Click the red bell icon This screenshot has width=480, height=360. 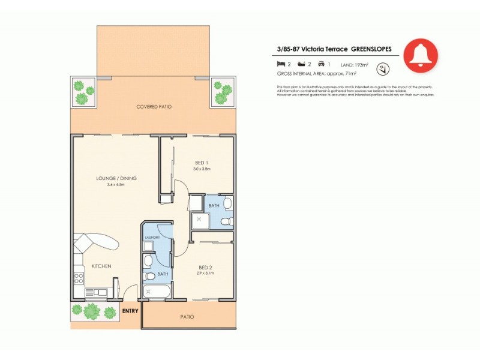click(421, 55)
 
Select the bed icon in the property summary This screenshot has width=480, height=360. click(280, 63)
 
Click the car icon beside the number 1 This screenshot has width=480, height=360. click(321, 63)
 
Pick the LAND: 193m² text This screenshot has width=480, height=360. click(355, 64)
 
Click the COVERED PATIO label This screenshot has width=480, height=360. click(154, 107)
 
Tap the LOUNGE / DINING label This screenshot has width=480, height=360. click(116, 178)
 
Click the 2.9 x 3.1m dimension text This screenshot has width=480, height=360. click(205, 273)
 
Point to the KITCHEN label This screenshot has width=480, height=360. click(101, 266)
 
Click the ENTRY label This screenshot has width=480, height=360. click(130, 311)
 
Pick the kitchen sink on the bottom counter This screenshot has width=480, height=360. click(96, 292)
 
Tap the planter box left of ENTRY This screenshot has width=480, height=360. click(92, 311)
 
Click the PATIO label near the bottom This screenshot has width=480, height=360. click(187, 317)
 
